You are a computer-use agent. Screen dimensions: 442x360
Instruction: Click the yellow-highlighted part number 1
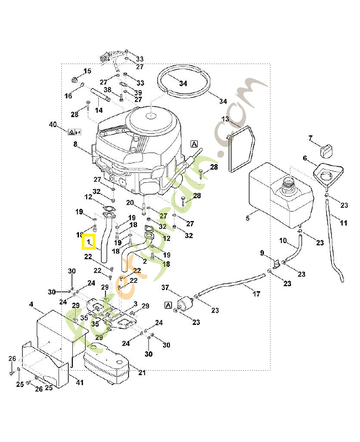click(88, 242)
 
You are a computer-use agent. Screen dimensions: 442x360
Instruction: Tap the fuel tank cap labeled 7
click(327, 149)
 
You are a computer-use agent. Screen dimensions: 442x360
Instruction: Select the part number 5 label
click(247, 219)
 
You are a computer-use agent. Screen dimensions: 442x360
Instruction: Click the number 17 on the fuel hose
click(257, 294)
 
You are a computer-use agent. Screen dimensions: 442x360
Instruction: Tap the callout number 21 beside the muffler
click(141, 372)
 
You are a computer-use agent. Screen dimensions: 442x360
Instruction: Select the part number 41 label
click(80, 382)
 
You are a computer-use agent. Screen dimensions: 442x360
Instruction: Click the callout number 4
click(31, 304)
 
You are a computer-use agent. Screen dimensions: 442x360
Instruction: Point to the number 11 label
click(343, 223)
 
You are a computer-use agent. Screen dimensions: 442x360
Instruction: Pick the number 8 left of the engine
click(76, 144)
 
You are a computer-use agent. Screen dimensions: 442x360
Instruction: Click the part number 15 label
click(87, 71)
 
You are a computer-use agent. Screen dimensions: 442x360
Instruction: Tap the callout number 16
click(68, 96)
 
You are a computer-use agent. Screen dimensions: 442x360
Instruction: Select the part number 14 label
click(99, 110)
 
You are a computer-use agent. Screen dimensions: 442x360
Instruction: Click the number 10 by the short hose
click(283, 240)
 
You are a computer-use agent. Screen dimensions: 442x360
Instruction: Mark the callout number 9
click(262, 253)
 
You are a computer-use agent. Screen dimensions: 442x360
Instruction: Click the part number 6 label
click(304, 159)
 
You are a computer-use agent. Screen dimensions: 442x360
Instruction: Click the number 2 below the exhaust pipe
click(144, 260)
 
